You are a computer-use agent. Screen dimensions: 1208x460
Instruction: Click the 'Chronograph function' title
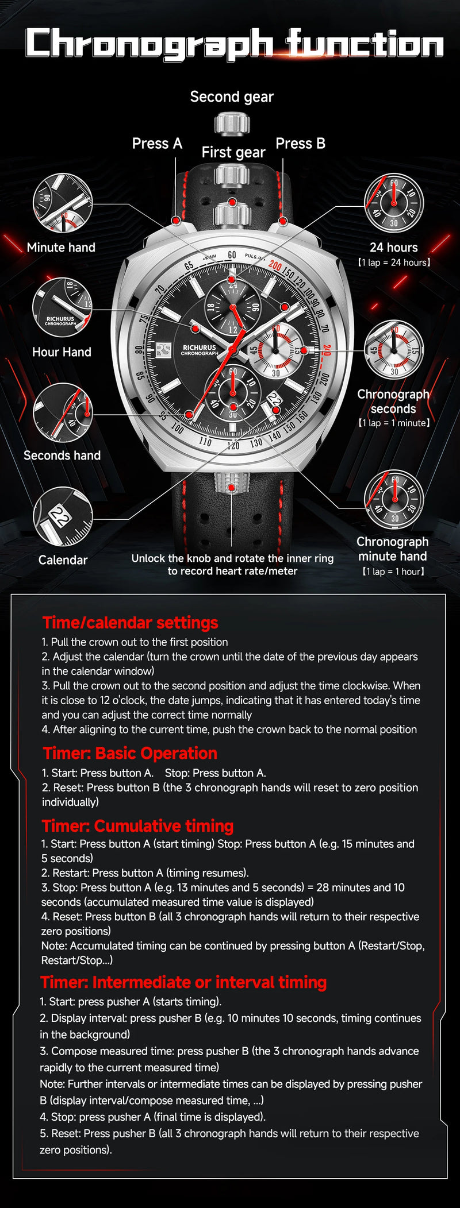click(235, 45)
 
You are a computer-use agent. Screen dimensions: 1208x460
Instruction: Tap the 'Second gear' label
click(232, 97)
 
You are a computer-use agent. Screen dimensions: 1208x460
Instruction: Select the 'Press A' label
click(157, 144)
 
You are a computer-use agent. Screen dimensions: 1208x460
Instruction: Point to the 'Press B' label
click(300, 144)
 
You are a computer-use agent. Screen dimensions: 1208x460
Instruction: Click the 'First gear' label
click(233, 152)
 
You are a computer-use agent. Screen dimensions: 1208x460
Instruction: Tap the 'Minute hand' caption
click(61, 248)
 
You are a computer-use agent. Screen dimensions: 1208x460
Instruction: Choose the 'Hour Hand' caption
click(62, 352)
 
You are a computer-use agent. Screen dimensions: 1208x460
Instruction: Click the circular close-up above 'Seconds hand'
click(63, 413)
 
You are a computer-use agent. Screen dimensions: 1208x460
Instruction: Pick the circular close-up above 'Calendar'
click(63, 516)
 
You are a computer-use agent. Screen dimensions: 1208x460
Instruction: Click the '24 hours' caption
click(394, 248)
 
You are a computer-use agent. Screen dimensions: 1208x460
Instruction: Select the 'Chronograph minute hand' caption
click(393, 549)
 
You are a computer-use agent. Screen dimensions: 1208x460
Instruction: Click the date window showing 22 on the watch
click(274, 399)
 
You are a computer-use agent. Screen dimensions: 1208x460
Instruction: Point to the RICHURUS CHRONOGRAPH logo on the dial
click(199, 350)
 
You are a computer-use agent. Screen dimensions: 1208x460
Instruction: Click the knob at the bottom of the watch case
click(232, 483)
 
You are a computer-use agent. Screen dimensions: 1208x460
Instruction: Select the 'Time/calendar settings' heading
click(131, 623)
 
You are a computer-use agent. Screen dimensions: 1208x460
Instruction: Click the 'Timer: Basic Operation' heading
click(131, 753)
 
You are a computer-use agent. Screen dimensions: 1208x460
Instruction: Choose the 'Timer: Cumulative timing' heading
click(137, 826)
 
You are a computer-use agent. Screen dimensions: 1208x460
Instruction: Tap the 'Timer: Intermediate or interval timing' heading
click(183, 982)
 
